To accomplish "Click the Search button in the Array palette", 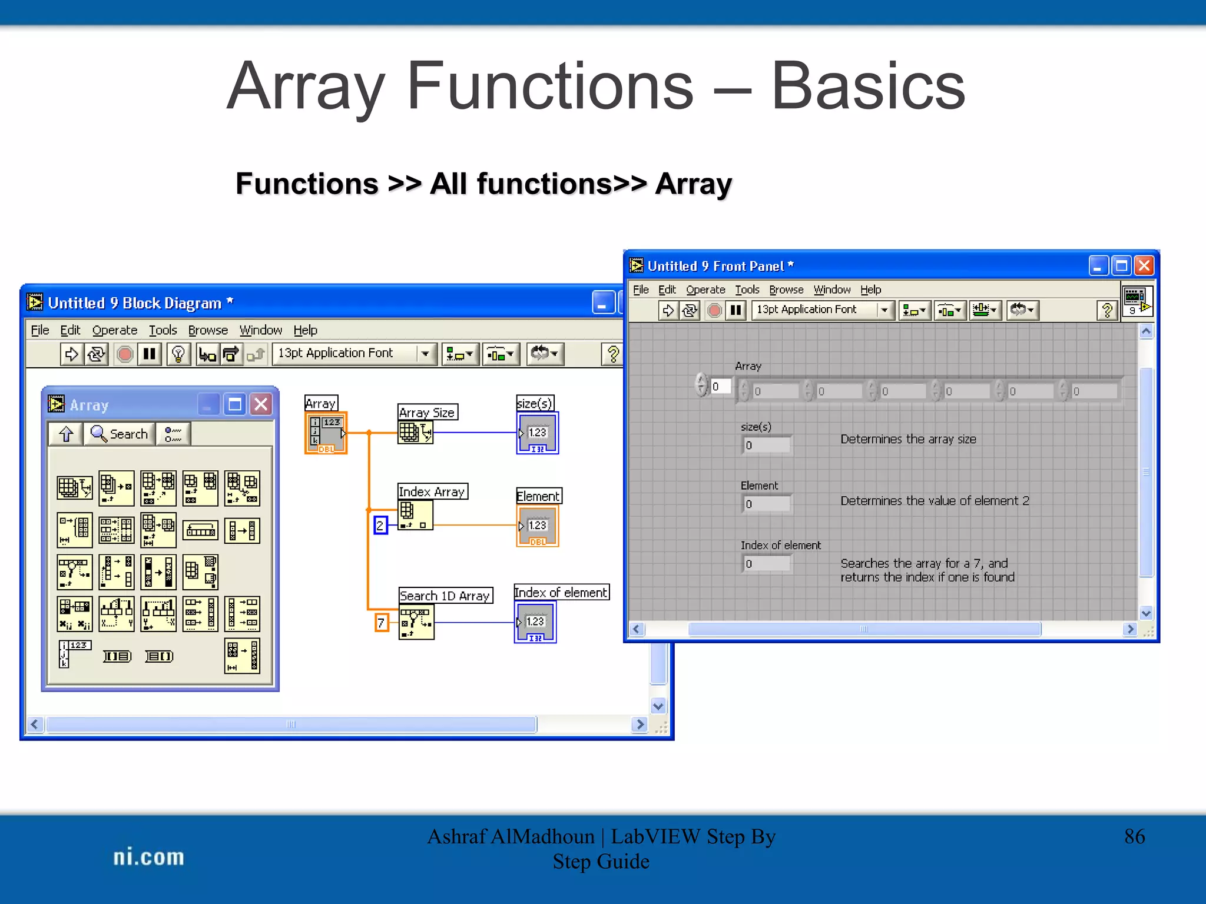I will click(x=120, y=434).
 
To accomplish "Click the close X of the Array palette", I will click(x=261, y=404).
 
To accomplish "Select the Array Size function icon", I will click(x=415, y=433).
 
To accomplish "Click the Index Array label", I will click(x=432, y=491).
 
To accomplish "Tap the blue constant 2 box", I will click(x=380, y=525).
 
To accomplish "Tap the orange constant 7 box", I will click(x=382, y=622).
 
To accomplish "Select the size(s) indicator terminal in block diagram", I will click(x=537, y=433).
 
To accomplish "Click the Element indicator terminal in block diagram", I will click(x=537, y=526).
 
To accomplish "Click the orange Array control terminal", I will click(x=326, y=433).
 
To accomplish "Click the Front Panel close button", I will click(x=1144, y=266).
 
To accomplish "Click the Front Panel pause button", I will click(x=735, y=310).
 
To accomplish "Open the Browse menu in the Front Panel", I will click(x=786, y=290).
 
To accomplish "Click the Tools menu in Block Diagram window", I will click(x=163, y=330).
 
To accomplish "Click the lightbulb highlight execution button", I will click(x=178, y=354).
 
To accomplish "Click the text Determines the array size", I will click(x=908, y=439).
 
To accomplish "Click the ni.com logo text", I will click(x=148, y=857).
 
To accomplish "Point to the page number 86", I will click(x=1134, y=836).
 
